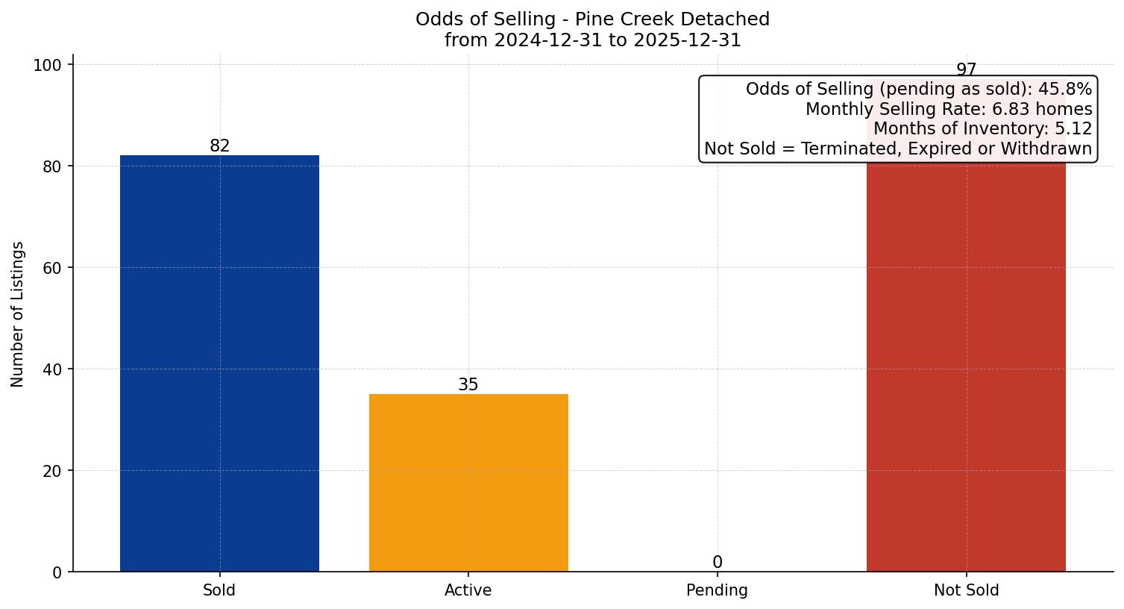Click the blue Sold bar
(x=219, y=363)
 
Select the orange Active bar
(x=468, y=483)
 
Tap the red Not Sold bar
(x=966, y=366)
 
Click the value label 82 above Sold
(x=219, y=146)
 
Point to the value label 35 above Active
(x=468, y=385)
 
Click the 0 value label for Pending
(x=717, y=563)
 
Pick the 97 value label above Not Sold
(x=966, y=69)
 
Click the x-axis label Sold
(x=219, y=590)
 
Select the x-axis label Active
(x=468, y=590)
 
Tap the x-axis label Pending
(x=717, y=590)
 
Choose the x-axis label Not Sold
(x=966, y=590)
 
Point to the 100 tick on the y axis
(x=47, y=65)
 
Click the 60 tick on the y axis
(x=51, y=268)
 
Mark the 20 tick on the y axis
(x=51, y=471)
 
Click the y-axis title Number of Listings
(x=18, y=314)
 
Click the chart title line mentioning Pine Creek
(x=592, y=19)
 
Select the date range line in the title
(x=592, y=40)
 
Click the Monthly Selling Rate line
(x=948, y=110)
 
